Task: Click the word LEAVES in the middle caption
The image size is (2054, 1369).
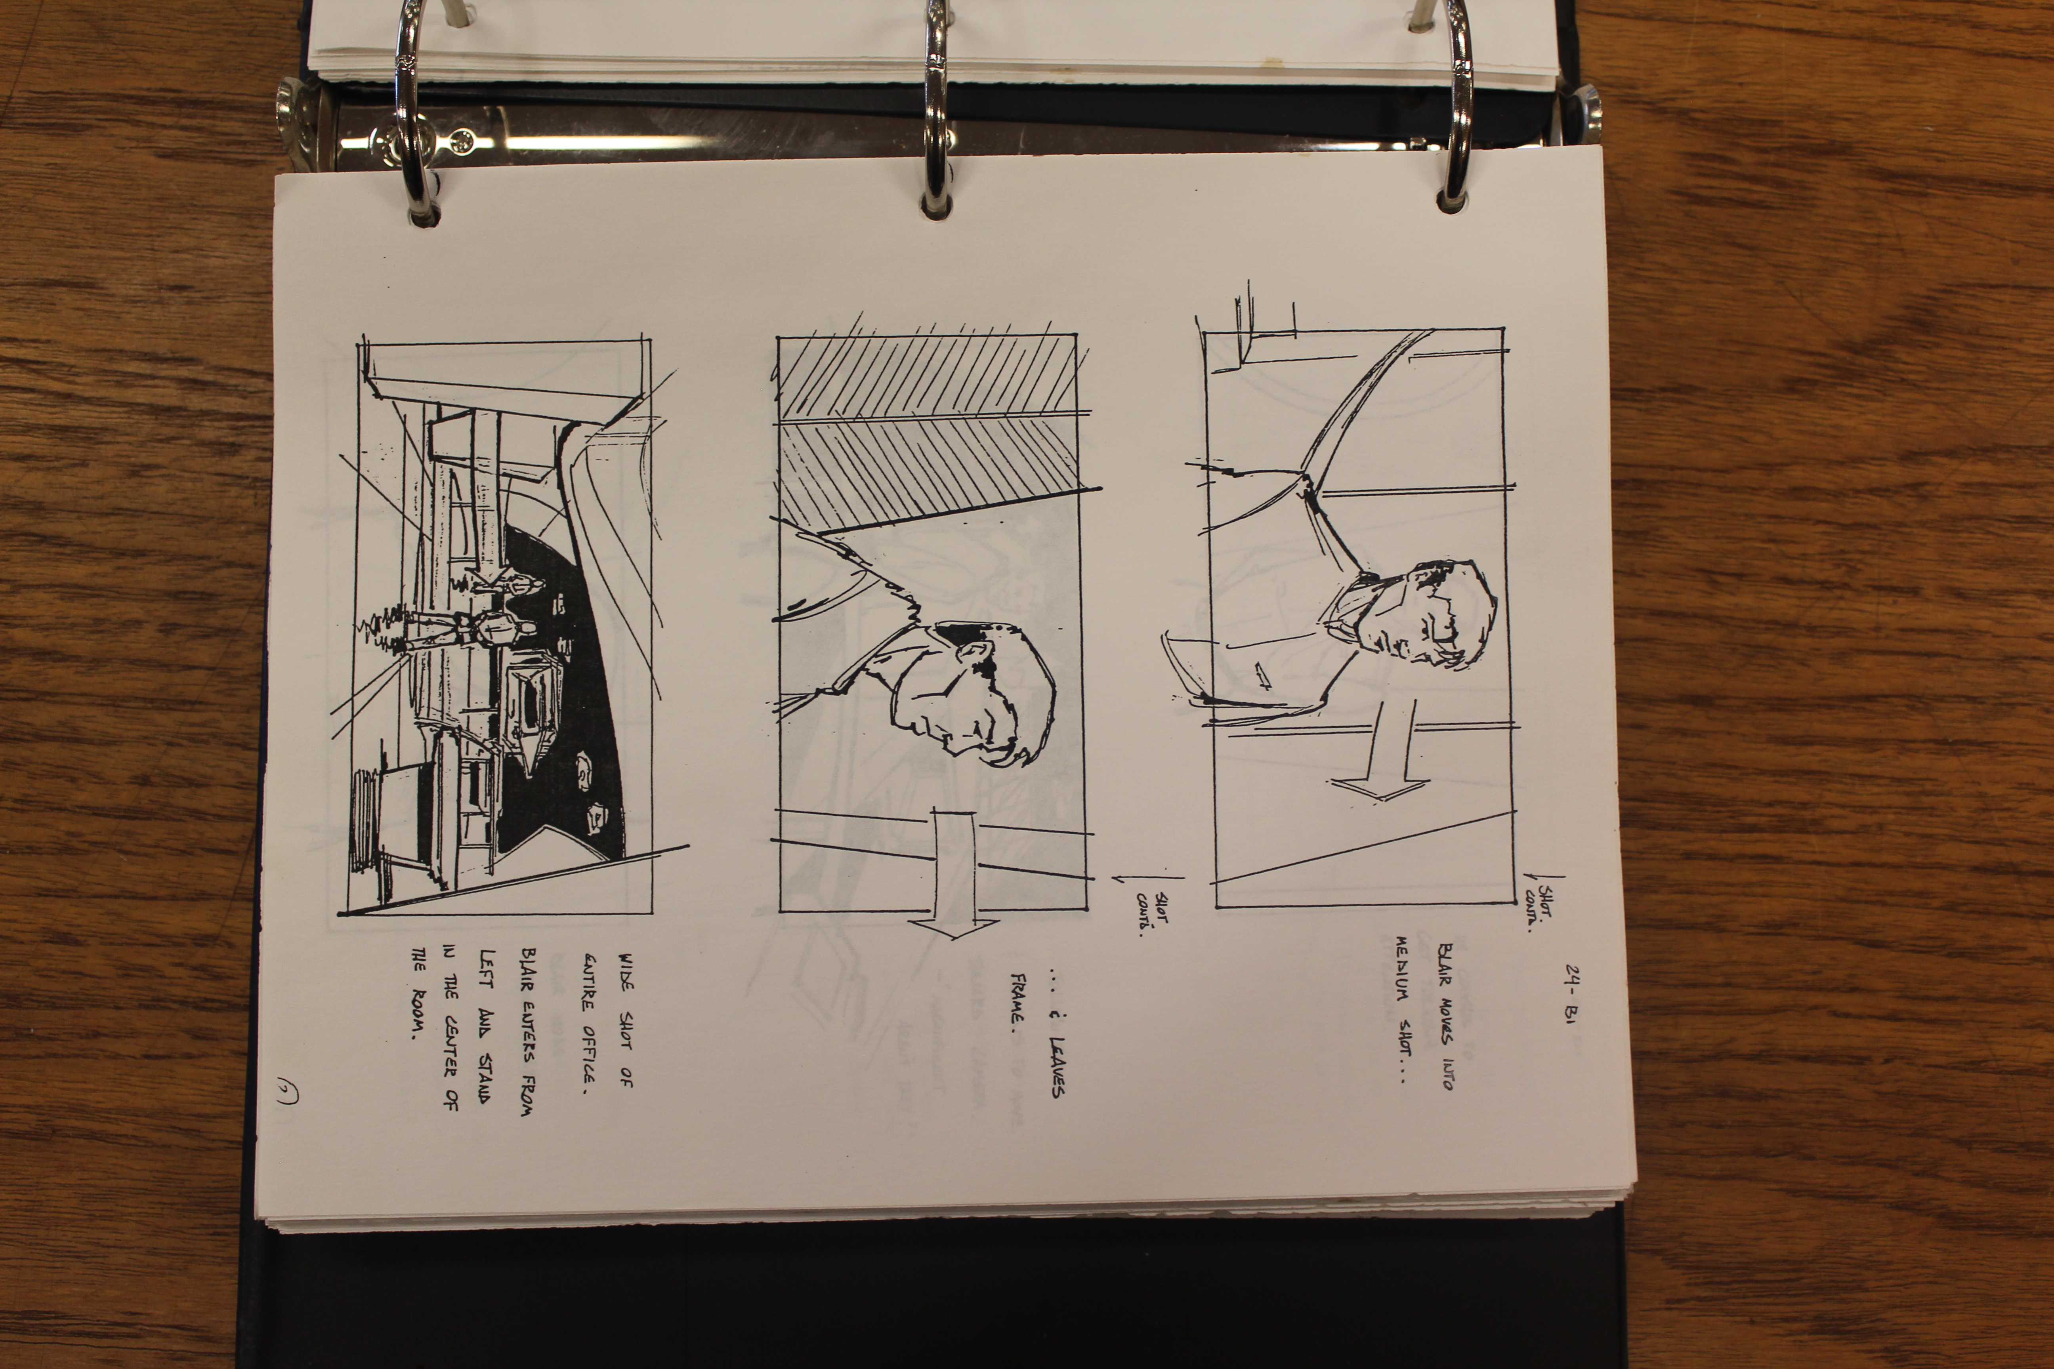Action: click(1057, 1065)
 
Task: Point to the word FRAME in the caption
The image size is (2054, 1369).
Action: click(1017, 1000)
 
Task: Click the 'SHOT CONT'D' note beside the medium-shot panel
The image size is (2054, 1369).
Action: click(1544, 902)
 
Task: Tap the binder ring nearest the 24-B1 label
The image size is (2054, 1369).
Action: click(1454, 105)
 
